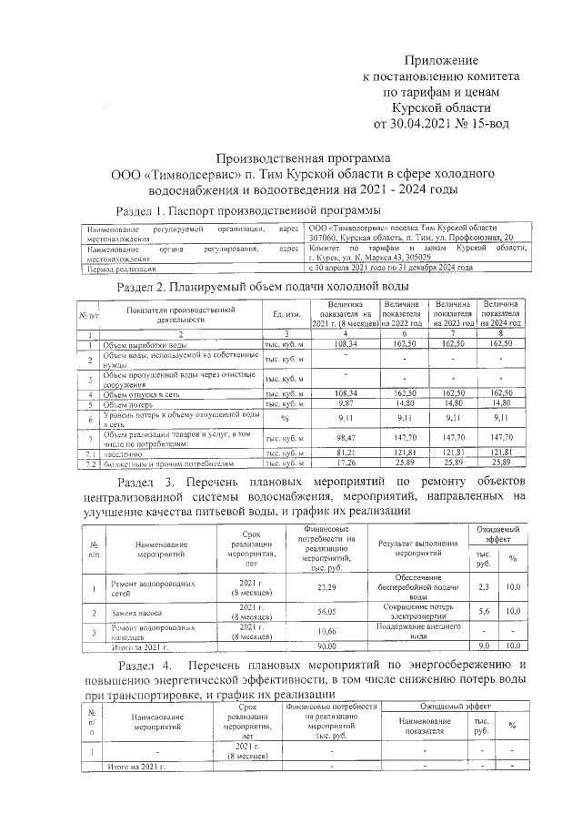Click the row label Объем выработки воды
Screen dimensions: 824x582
click(145, 345)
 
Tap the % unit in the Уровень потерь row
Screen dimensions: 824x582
click(284, 418)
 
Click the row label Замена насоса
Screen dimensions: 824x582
click(136, 613)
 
